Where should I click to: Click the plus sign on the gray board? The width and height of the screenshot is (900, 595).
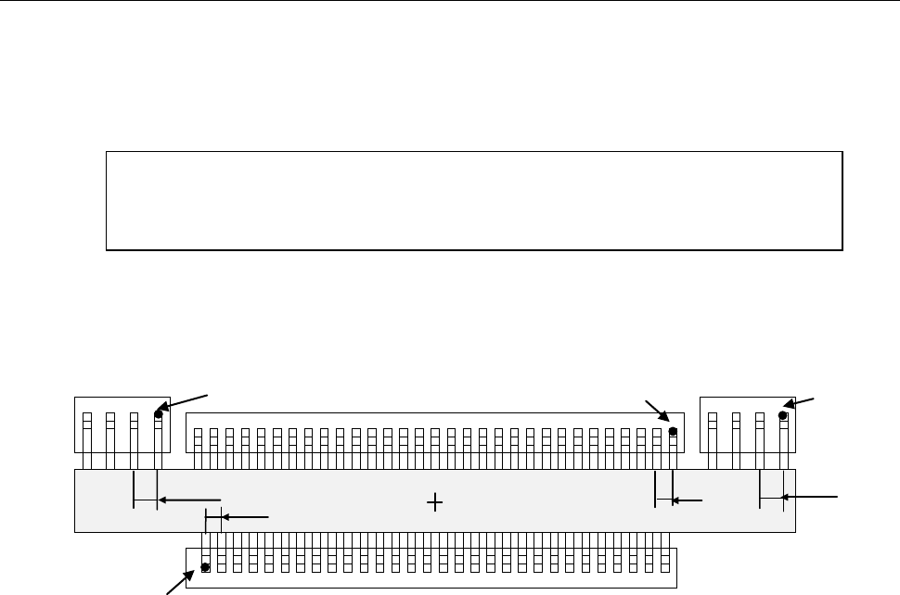[434, 501]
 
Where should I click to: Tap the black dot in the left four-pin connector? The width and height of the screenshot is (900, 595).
[159, 415]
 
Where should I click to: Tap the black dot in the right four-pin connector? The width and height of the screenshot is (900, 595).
[783, 415]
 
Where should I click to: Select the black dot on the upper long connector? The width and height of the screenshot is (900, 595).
[673, 431]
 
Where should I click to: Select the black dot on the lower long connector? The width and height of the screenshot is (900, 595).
[206, 567]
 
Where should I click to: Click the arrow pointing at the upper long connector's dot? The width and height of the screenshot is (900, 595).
[658, 413]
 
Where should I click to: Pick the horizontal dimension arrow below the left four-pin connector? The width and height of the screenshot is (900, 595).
[190, 500]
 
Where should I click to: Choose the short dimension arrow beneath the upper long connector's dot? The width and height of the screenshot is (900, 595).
[688, 500]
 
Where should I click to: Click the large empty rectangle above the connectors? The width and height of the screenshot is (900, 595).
[474, 200]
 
